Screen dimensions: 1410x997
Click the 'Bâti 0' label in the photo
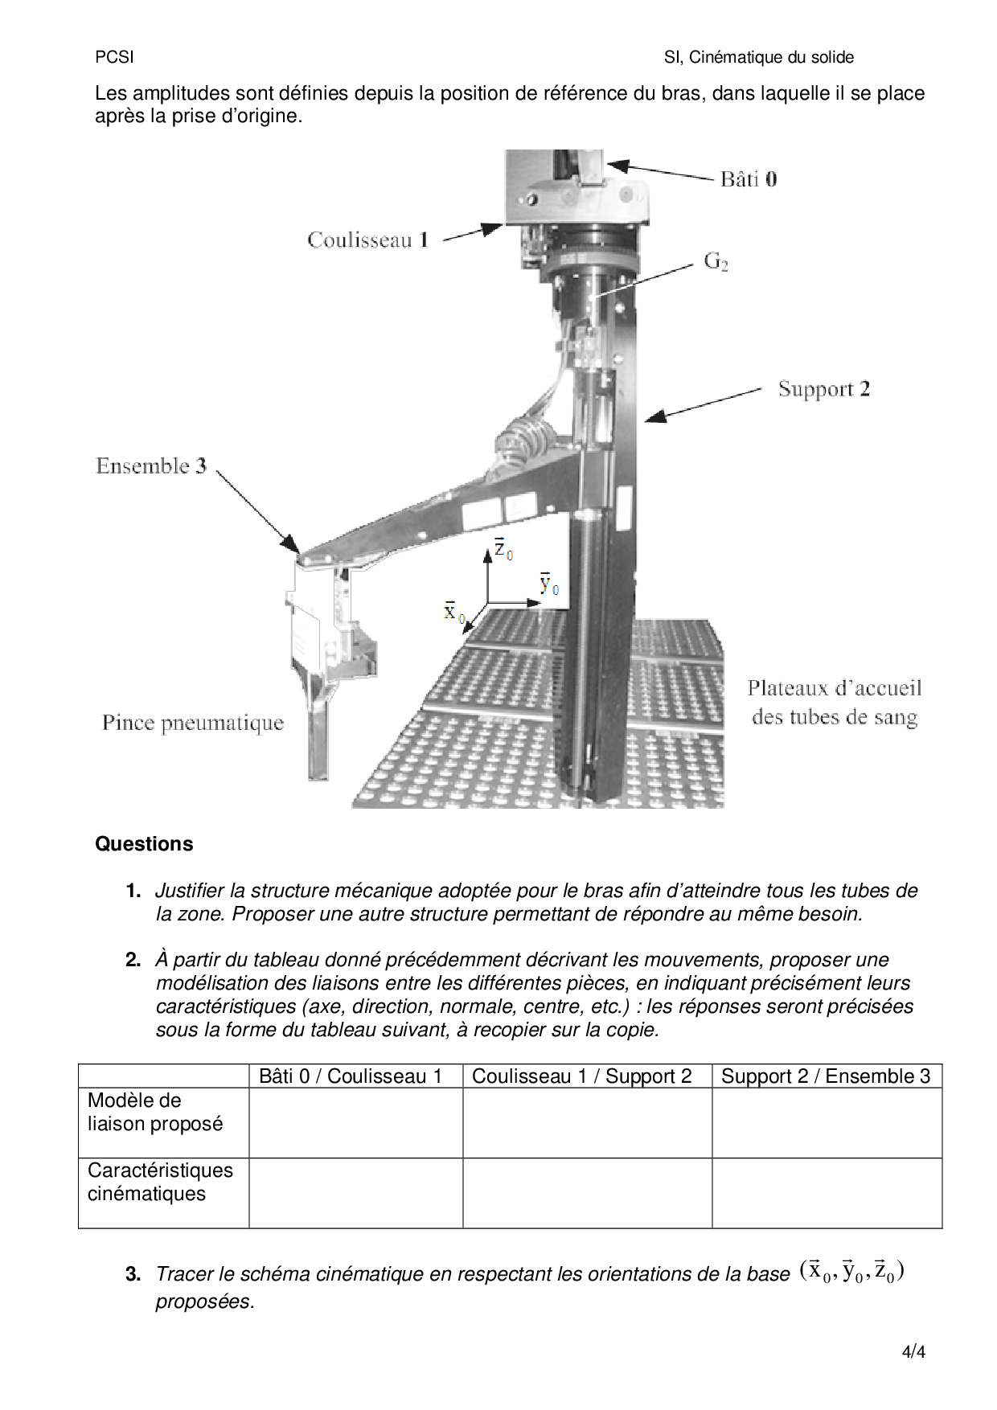tap(748, 179)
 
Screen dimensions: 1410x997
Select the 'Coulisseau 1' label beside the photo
tap(367, 240)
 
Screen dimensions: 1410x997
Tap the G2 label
tap(716, 261)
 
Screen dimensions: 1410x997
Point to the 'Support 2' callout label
tap(823, 390)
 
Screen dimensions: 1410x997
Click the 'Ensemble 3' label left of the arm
tap(151, 466)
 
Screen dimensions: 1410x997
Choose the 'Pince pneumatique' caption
tap(193, 723)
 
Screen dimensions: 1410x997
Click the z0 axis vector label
tap(503, 549)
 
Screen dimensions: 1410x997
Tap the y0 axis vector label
tap(549, 584)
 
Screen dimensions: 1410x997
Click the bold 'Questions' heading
tap(144, 844)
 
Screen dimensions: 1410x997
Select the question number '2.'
tap(133, 960)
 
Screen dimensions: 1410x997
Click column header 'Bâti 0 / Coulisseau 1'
tap(351, 1076)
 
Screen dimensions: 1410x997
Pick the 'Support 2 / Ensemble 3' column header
tap(826, 1076)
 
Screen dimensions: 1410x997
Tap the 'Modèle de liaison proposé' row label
tap(154, 1113)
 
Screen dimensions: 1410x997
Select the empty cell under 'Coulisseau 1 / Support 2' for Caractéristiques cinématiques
tap(587, 1193)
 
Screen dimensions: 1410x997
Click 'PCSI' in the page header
tap(114, 57)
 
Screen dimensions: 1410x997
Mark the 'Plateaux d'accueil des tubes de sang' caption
tap(835, 703)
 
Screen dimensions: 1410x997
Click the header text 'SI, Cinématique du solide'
tap(758, 57)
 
